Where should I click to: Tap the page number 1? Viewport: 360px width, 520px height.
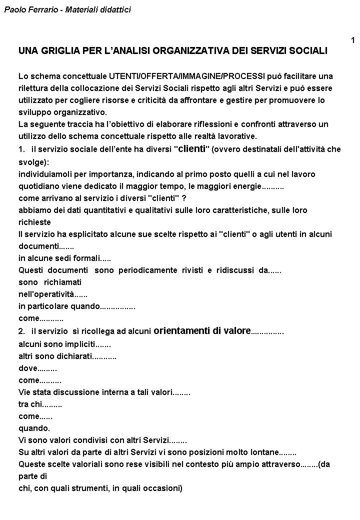pyautogui.click(x=353, y=40)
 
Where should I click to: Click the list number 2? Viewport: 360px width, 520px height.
pyautogui.click(x=21, y=331)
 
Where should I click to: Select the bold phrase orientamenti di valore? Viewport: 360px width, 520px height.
pyautogui.click(x=202, y=330)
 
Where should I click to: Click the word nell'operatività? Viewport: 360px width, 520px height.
pyautogui.click(x=46, y=294)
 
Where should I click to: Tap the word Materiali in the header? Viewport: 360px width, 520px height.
pyautogui.click(x=82, y=9)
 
